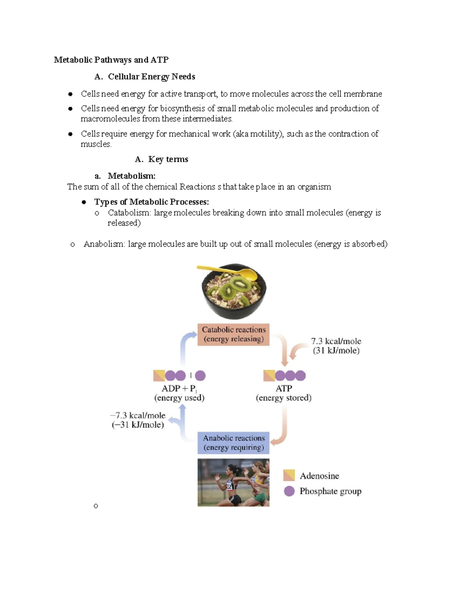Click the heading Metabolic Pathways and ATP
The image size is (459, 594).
(x=111, y=60)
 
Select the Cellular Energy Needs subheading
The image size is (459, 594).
(x=151, y=76)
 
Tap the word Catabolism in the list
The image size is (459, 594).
(x=129, y=213)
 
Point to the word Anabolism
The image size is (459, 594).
(x=104, y=244)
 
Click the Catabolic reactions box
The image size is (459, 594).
(x=233, y=334)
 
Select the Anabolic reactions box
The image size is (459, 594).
(x=233, y=443)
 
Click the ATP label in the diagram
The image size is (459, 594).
(x=284, y=388)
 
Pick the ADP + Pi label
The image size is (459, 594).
(x=179, y=389)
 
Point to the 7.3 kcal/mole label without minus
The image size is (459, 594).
(x=336, y=341)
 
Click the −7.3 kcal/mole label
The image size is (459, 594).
(x=138, y=415)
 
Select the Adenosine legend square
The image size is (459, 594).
(x=289, y=475)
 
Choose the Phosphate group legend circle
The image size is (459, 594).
(x=289, y=491)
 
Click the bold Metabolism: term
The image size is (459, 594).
(x=132, y=176)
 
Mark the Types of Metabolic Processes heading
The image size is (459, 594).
(x=151, y=202)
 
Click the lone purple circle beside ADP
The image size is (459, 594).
(x=200, y=376)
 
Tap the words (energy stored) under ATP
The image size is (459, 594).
(x=284, y=398)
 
